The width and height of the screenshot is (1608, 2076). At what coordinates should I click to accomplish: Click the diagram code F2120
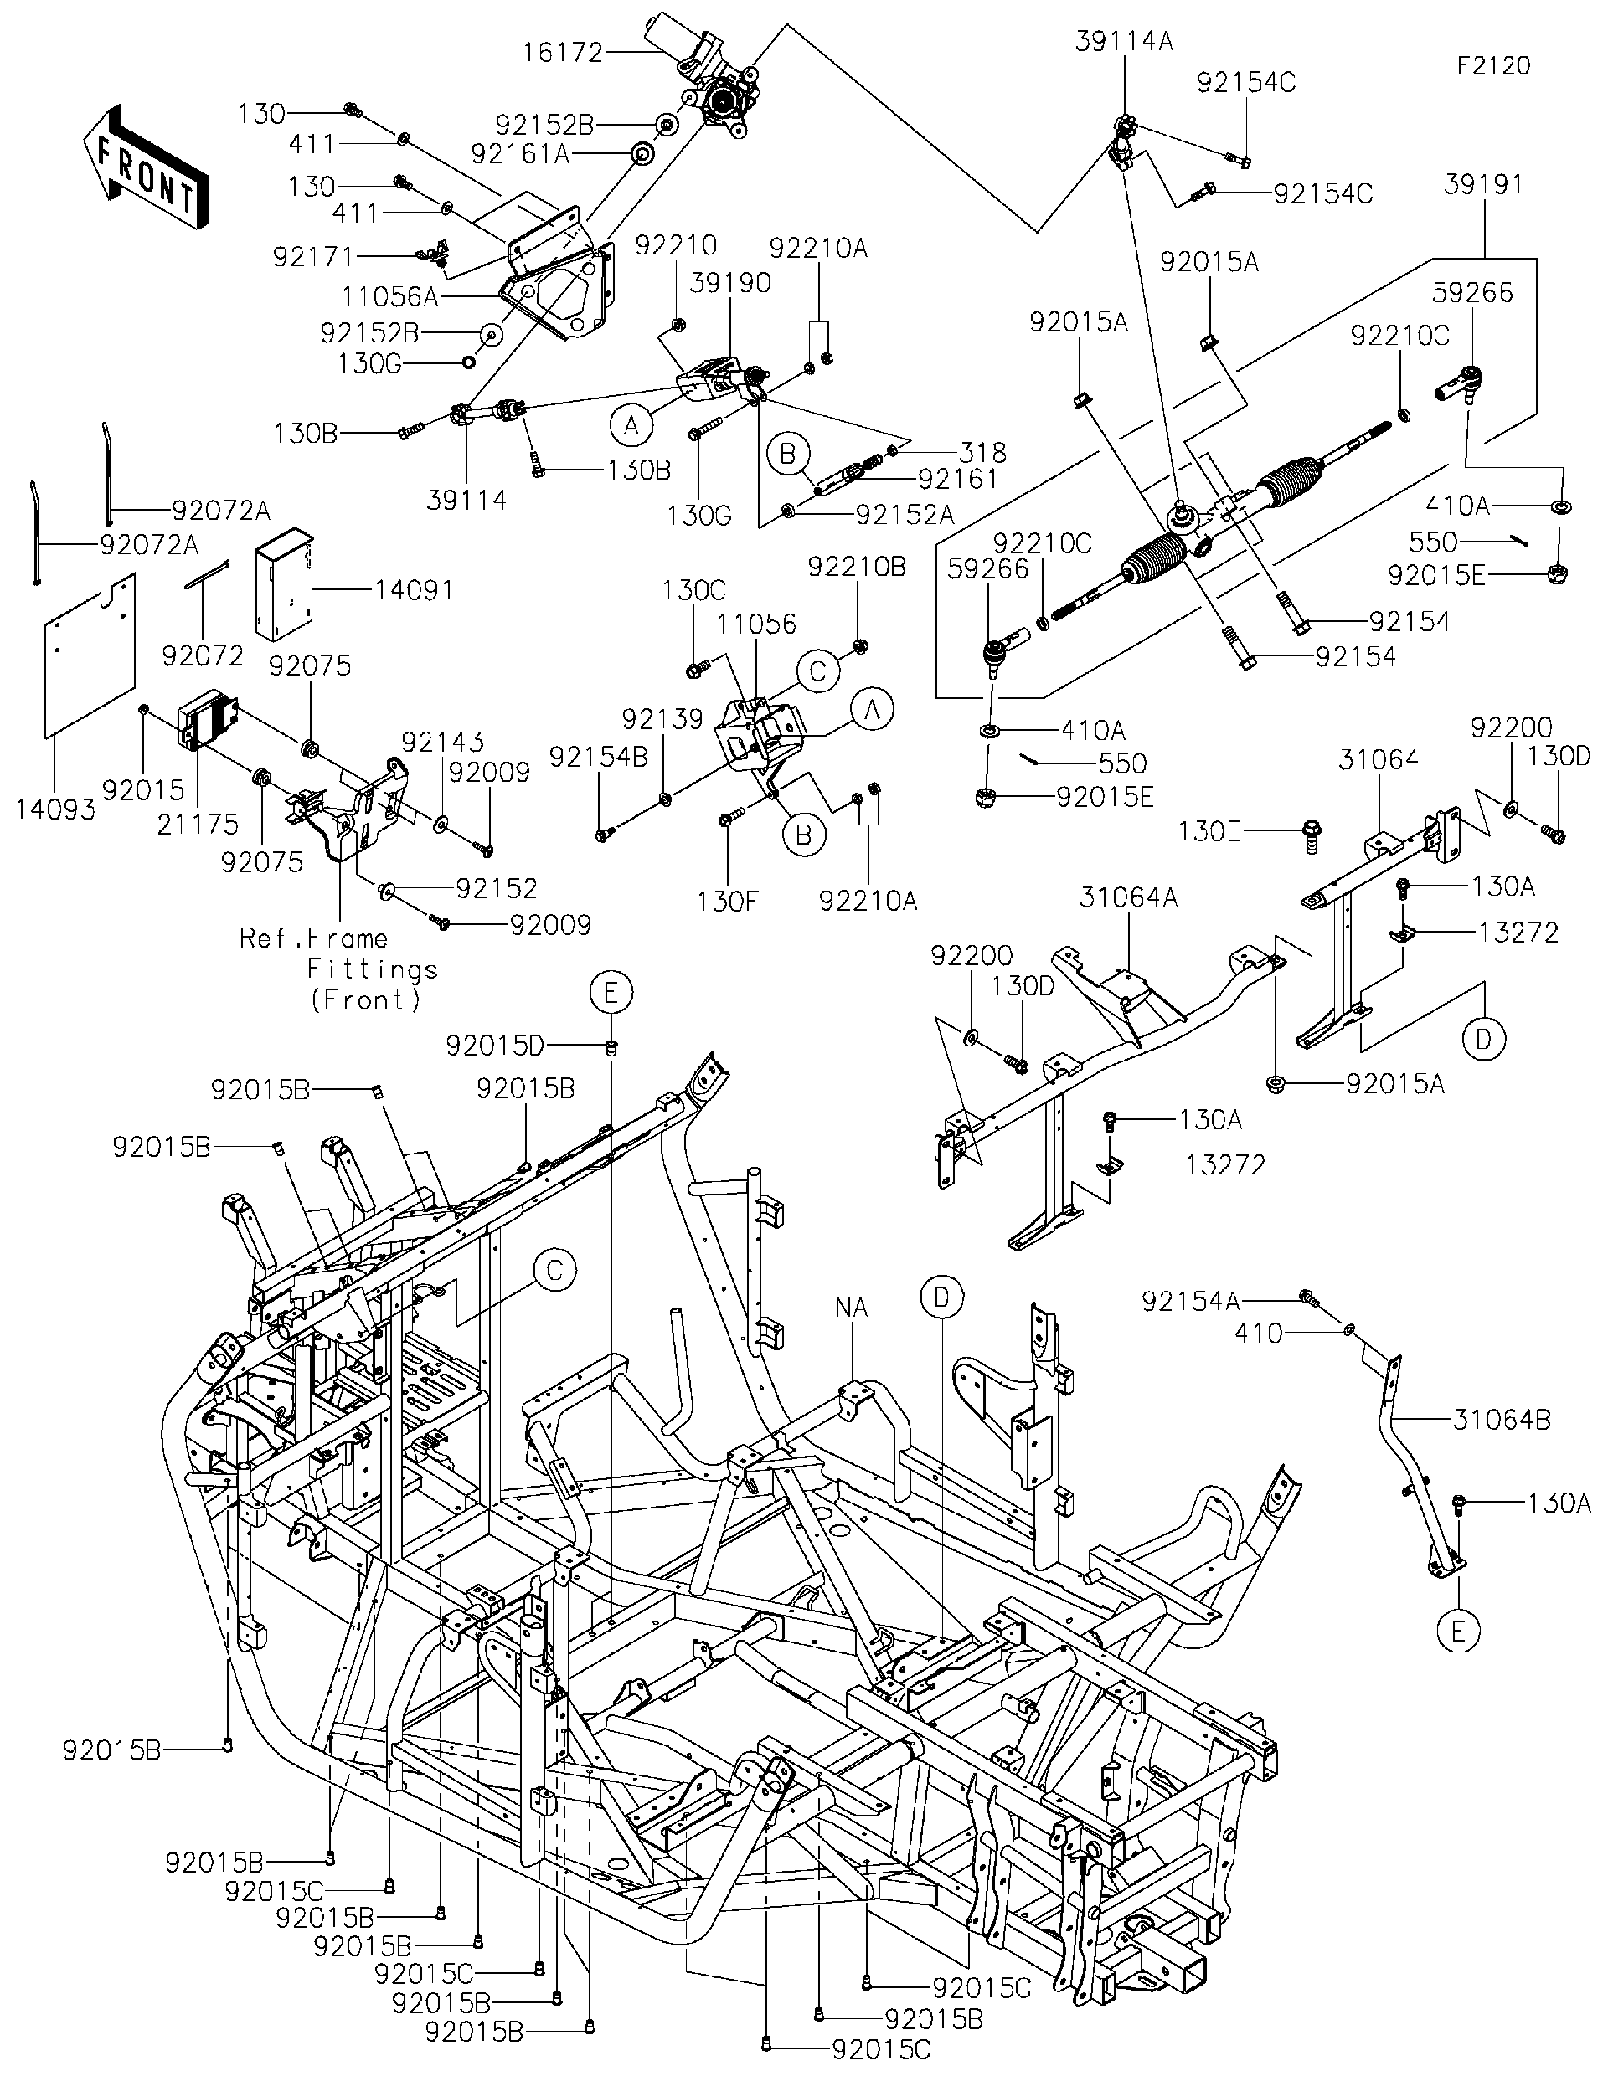[x=1494, y=65]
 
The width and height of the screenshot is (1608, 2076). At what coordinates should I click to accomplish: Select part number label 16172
[x=563, y=52]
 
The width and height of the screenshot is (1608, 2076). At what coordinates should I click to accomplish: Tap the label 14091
[x=414, y=590]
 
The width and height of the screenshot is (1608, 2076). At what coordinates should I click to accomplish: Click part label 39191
[x=1483, y=184]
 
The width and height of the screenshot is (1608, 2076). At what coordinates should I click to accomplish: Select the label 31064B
[x=1502, y=1447]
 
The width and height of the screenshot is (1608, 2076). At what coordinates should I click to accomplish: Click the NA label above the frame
[x=852, y=1307]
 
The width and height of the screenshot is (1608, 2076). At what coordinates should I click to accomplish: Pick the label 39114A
[x=1124, y=41]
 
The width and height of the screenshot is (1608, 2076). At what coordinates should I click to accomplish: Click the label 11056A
[x=390, y=296]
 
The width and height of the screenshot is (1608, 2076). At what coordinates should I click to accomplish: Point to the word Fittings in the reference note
[x=372, y=969]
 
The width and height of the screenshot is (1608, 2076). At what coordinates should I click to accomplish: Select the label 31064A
[x=1129, y=897]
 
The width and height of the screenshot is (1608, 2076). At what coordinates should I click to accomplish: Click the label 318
[x=983, y=453]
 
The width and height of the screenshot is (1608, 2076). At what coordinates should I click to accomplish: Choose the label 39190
[x=730, y=283]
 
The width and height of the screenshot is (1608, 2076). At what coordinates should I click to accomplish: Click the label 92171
[x=313, y=257]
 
